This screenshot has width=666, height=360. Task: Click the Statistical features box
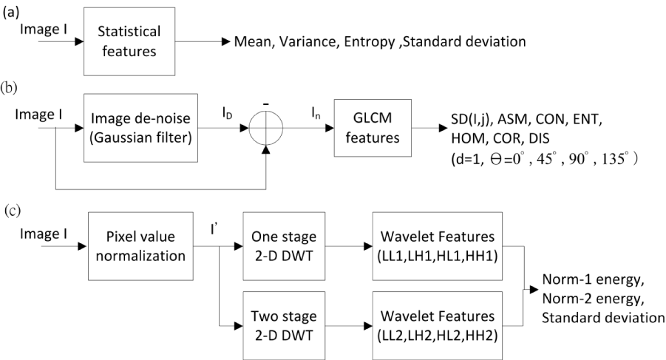tap(129, 41)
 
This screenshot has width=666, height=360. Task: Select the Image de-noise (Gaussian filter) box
tap(140, 128)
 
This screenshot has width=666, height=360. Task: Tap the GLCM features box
tap(373, 128)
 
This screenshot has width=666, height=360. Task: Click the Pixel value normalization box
tap(140, 246)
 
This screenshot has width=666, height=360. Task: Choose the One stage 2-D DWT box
tap(284, 246)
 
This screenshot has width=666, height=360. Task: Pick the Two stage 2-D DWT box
tap(284, 325)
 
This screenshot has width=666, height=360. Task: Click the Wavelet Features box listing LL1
tap(438, 246)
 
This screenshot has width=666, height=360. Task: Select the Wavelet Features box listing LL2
tap(438, 325)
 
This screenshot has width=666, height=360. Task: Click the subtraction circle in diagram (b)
tap(266, 128)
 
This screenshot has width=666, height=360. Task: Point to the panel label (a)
tap(10, 13)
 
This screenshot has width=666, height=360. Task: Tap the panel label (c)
tap(13, 211)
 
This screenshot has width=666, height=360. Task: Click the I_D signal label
tap(227, 113)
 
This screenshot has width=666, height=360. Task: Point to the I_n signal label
tap(316, 113)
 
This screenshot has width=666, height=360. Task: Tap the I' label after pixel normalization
tap(214, 229)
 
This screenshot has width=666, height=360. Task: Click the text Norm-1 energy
tap(593, 279)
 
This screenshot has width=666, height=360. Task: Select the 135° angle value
tap(614, 159)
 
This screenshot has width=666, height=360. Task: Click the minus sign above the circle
tap(266, 104)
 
